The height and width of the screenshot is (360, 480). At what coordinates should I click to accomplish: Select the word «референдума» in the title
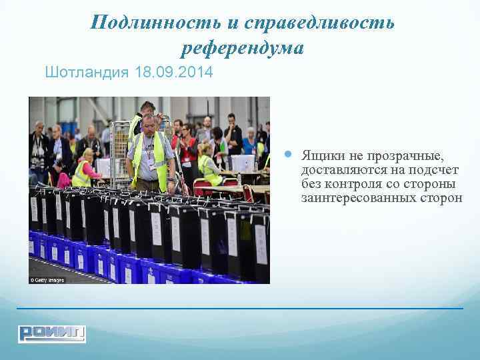click(x=242, y=48)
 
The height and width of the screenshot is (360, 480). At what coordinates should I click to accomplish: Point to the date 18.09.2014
click(x=174, y=72)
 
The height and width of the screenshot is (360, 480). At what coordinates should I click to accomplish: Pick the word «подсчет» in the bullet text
click(x=435, y=170)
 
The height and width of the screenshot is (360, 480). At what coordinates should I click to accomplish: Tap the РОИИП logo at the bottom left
click(x=52, y=333)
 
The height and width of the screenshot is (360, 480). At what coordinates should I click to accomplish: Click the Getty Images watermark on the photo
click(x=47, y=279)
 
